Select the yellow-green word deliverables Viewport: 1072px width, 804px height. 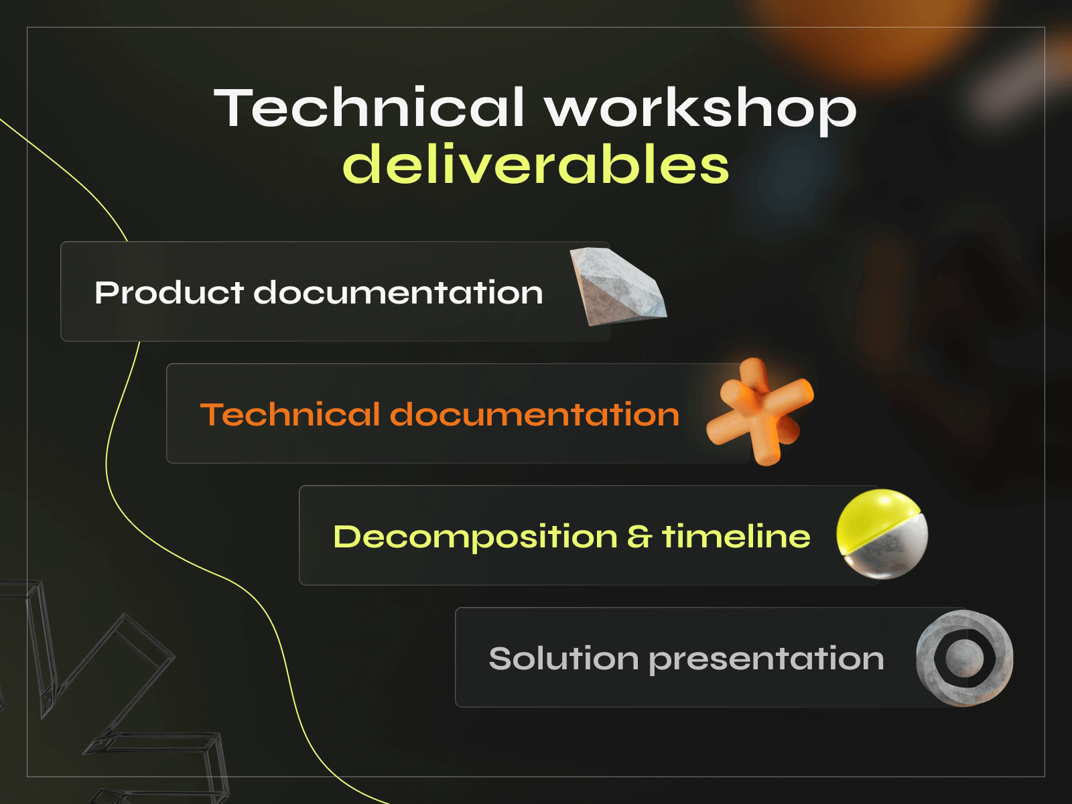(535, 165)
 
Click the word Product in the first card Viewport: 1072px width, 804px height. (169, 293)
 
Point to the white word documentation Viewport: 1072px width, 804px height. (398, 293)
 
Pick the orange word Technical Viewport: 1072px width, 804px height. (289, 414)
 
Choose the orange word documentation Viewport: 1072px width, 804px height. (535, 414)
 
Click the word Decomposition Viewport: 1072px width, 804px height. (475, 537)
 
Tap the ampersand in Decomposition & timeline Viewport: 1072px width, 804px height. (639, 537)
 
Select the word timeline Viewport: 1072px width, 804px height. (736, 537)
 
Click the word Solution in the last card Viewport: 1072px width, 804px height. (563, 659)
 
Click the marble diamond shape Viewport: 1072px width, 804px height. (616, 287)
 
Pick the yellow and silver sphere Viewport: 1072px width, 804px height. (882, 533)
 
